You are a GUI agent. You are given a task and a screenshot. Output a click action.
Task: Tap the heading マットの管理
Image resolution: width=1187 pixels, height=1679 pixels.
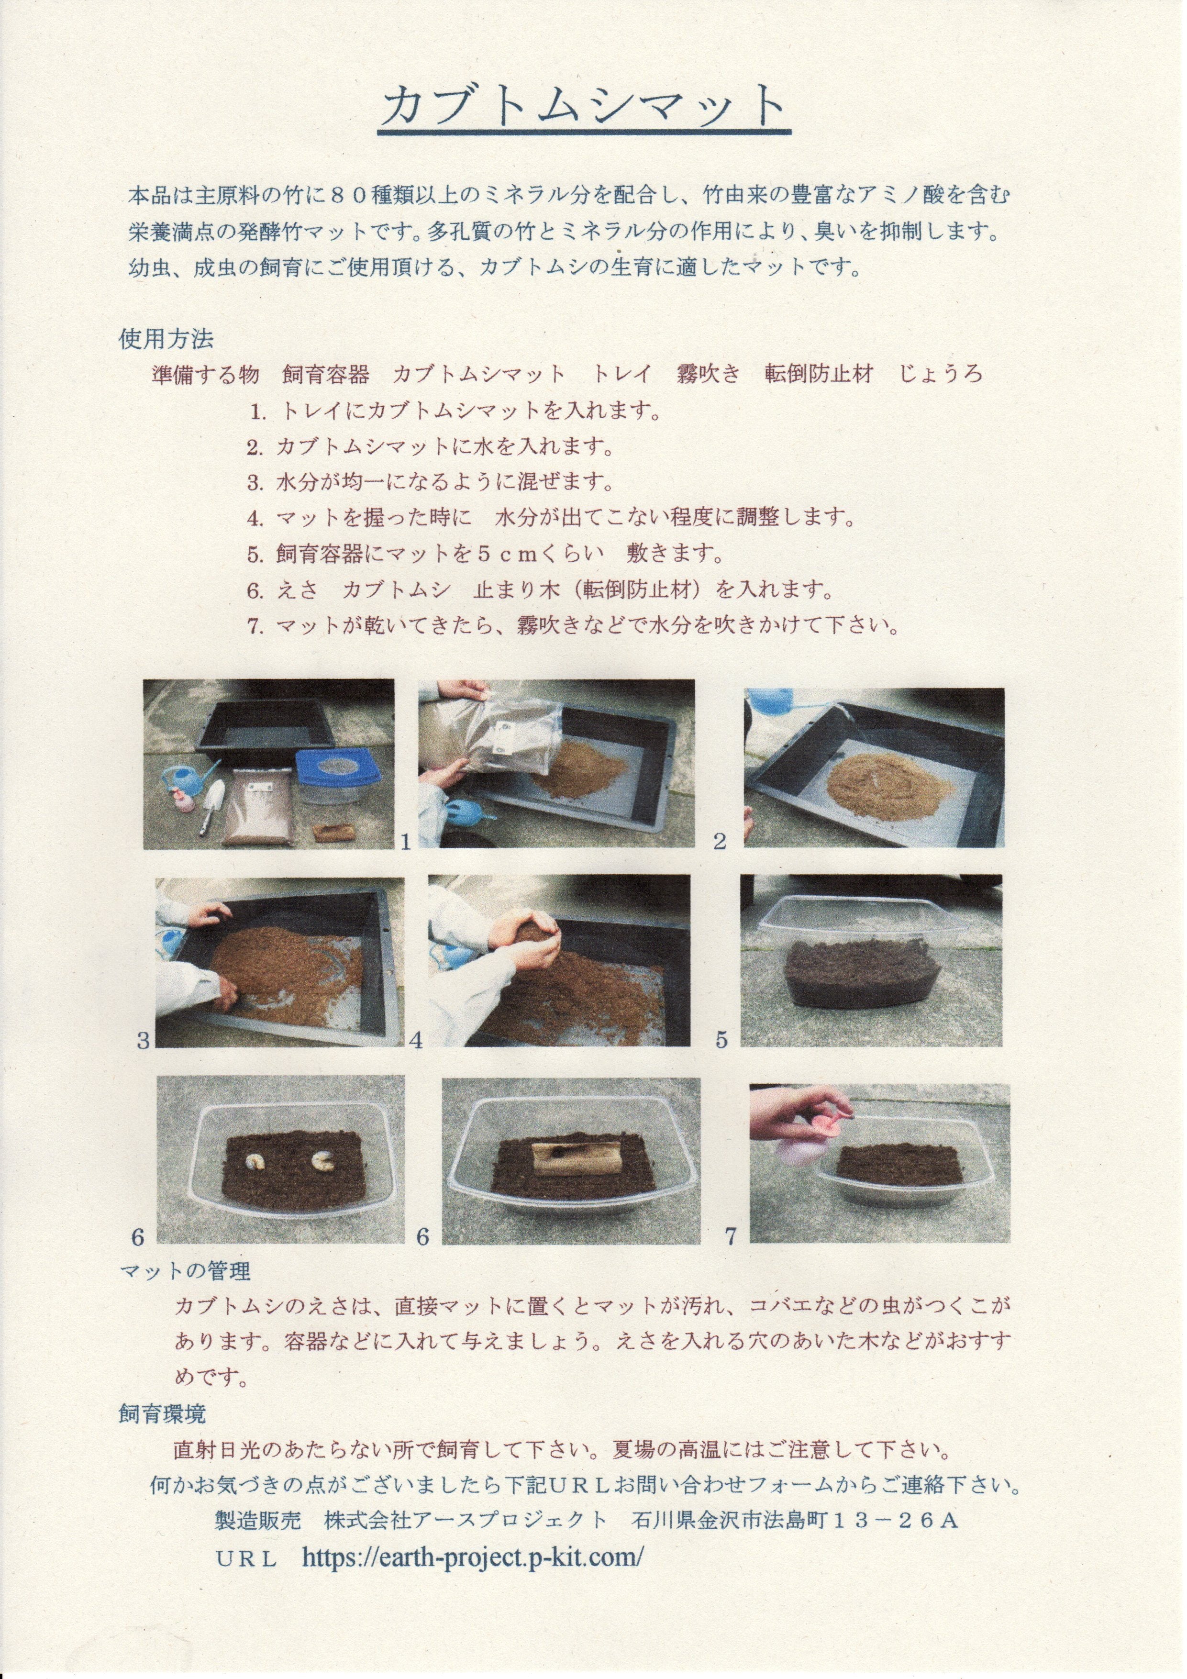click(185, 1270)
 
